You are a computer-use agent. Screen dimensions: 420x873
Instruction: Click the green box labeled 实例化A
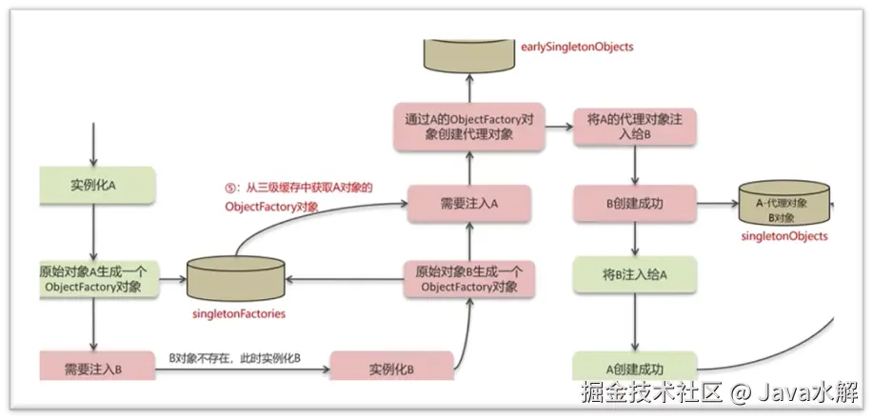92,185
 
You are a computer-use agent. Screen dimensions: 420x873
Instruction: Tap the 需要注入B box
93,367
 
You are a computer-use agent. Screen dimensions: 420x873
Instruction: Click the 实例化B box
391,368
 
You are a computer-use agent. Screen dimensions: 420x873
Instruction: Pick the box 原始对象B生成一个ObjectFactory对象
468,278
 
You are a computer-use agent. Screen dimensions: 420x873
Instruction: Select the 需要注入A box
468,203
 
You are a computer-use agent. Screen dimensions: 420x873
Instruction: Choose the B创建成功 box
634,203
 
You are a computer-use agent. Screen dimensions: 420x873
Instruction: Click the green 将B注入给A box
634,275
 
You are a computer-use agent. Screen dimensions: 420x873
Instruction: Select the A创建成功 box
634,368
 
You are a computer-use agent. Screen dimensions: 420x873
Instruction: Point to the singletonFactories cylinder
237,278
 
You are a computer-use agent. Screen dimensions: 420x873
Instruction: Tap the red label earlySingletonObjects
577,46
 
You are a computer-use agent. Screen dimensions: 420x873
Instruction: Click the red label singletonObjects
784,236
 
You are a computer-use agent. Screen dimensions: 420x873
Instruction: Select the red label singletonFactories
238,312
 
